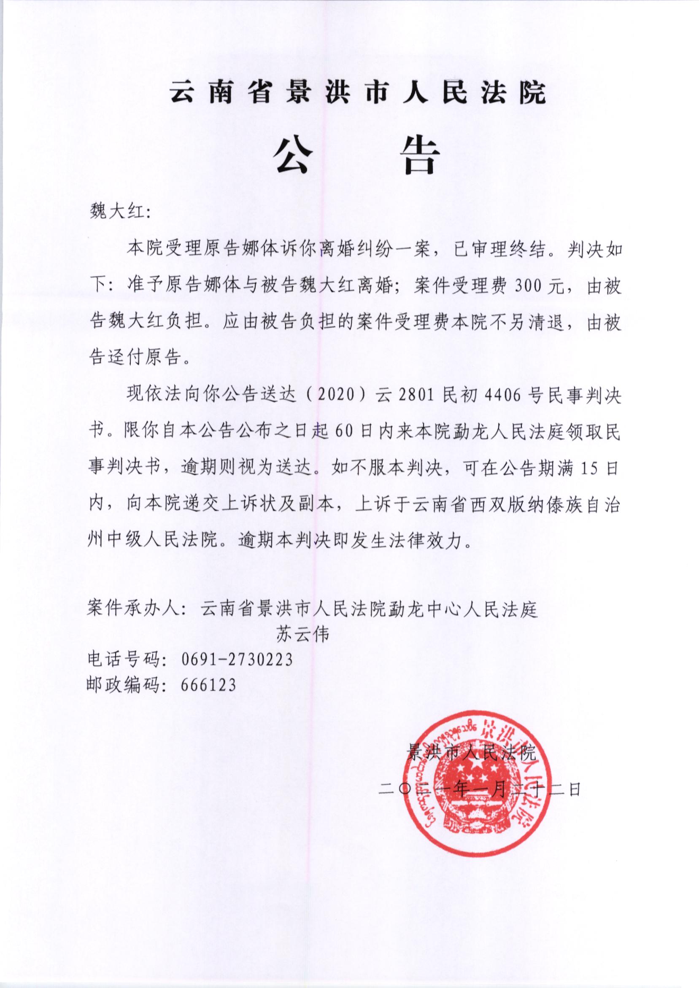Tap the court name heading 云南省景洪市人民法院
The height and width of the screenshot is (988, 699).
pyautogui.click(x=358, y=92)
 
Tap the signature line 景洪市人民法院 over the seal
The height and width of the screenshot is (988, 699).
pyautogui.click(x=472, y=753)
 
